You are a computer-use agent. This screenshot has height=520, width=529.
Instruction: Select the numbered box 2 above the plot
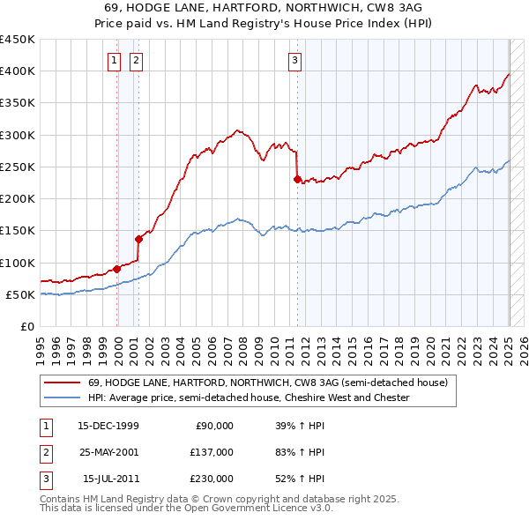[x=137, y=61]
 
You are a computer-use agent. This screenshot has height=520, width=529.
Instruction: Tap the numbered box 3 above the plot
[x=294, y=61]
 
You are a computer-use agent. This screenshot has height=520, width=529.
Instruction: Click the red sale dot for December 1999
[x=117, y=269]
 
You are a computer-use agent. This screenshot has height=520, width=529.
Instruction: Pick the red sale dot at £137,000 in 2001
[x=138, y=239]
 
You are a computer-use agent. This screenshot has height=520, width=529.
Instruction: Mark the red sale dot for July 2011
[x=297, y=180]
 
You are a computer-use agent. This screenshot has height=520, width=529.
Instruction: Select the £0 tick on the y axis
[x=28, y=326]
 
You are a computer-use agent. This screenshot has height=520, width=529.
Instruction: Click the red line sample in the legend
[x=62, y=383]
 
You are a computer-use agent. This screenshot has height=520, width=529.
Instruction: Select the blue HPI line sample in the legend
[x=62, y=397]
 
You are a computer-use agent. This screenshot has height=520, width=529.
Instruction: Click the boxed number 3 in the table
[x=46, y=479]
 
